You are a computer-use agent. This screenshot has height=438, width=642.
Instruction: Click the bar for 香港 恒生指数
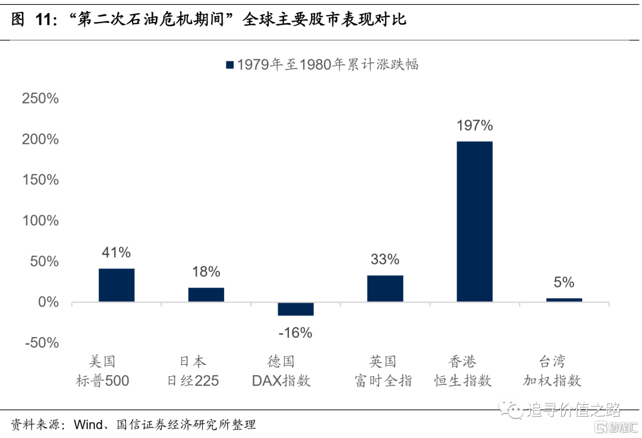474,221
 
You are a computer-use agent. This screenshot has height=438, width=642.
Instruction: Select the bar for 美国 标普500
117,285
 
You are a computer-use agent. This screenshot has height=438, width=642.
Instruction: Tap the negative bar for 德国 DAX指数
295,309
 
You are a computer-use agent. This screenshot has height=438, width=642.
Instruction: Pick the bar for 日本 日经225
206,295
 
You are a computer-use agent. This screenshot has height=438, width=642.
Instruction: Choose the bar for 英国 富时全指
385,289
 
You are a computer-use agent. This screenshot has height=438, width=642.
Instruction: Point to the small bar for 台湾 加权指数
564,300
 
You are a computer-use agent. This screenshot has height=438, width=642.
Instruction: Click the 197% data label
474,125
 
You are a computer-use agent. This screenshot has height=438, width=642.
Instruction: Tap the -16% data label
295,333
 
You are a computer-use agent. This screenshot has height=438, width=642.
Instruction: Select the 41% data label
117,253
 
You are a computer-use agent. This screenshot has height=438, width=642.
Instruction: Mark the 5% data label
564,282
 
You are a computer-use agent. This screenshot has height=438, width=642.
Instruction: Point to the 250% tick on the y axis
40,99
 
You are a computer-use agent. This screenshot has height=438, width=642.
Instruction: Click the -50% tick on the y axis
40,343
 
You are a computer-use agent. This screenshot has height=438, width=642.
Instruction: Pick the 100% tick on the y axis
40,221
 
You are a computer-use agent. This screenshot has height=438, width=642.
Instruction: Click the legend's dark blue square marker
229,64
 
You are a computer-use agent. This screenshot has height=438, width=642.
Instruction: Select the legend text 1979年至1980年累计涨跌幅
328,64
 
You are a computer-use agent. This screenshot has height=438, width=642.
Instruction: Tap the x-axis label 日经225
193,381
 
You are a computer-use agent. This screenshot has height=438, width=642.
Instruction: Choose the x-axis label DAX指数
281,381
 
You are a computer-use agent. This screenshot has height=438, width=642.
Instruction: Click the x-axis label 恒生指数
463,381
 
